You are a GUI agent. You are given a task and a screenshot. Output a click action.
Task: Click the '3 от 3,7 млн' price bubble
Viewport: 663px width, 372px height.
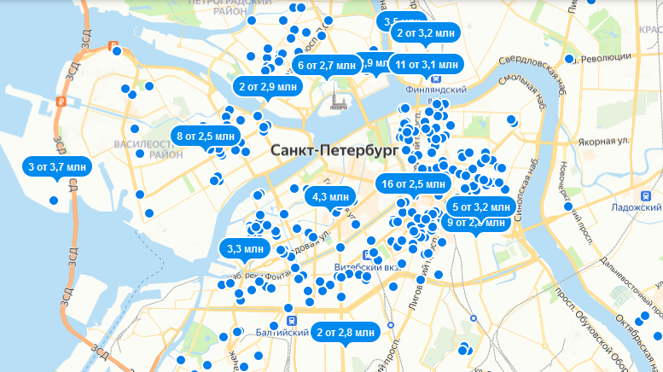point(56,167)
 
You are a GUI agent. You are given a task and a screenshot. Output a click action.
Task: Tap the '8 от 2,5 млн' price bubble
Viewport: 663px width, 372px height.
point(205,136)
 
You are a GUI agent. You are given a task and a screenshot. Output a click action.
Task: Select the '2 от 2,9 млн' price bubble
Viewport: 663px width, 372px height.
point(268,86)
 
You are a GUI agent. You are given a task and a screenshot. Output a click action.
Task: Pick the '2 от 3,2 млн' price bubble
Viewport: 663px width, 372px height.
point(427,33)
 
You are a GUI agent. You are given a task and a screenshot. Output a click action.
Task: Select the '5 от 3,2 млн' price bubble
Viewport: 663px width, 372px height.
point(480,206)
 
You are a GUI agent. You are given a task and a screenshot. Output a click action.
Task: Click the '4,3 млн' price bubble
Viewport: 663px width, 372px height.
point(331,197)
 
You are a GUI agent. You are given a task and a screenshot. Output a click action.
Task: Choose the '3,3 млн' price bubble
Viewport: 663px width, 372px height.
point(246,249)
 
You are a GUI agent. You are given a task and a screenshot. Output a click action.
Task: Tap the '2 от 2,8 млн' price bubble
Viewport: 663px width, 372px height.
point(345,332)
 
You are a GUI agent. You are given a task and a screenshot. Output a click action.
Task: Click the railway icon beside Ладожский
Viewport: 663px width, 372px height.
point(649,195)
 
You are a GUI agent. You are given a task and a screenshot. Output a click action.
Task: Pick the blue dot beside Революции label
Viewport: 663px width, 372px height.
point(569,59)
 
